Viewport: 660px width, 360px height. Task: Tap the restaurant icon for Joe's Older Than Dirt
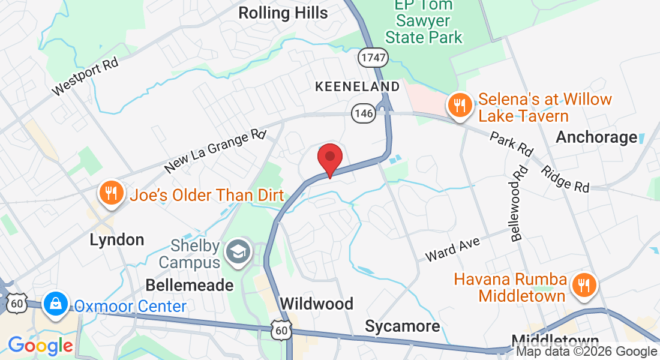[x=110, y=193]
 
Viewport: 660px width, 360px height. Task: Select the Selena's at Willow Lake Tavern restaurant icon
[x=460, y=106]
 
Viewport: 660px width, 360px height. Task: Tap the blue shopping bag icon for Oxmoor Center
[x=55, y=303]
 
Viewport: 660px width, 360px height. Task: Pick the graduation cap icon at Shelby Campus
[x=238, y=254]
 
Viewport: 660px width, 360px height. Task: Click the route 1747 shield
[x=373, y=57]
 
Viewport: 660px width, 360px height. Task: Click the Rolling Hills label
[x=283, y=13]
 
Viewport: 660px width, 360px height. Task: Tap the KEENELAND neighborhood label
[x=357, y=86]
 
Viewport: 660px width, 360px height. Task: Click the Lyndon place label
[x=117, y=240]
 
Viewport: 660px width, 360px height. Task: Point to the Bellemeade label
[x=190, y=285]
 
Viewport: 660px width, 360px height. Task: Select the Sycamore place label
[x=403, y=326]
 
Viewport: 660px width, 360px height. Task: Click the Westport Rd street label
[x=85, y=76]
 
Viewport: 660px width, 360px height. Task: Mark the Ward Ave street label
[x=453, y=249]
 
